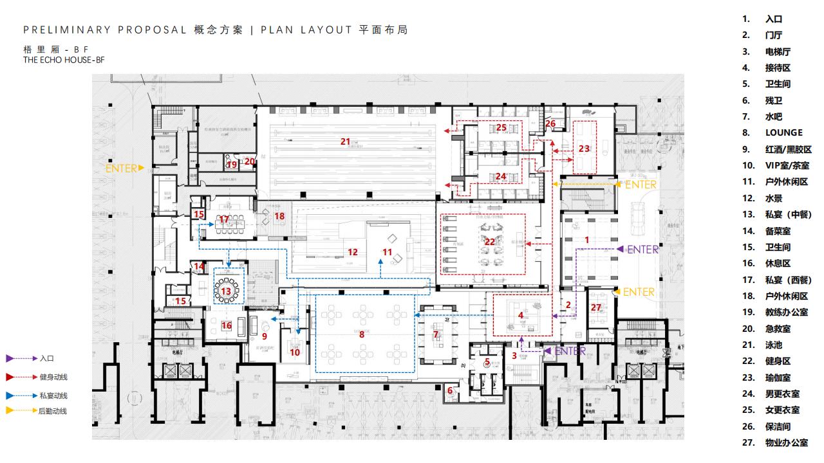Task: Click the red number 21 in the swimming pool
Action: click(x=345, y=141)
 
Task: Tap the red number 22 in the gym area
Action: click(x=491, y=241)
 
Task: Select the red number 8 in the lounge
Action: click(x=362, y=334)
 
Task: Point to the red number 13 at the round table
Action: click(x=225, y=291)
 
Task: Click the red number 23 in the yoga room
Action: click(x=584, y=148)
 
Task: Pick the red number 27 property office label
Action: click(x=595, y=307)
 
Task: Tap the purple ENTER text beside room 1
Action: click(x=642, y=250)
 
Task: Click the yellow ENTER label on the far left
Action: click(x=122, y=168)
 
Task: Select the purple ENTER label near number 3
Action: click(x=570, y=351)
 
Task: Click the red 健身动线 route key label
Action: click(x=53, y=377)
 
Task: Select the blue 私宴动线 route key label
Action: click(x=53, y=396)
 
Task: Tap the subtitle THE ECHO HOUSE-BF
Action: click(x=64, y=60)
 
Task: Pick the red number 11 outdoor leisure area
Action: click(x=387, y=251)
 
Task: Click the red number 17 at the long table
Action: click(x=224, y=219)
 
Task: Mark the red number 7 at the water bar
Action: click(x=436, y=334)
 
